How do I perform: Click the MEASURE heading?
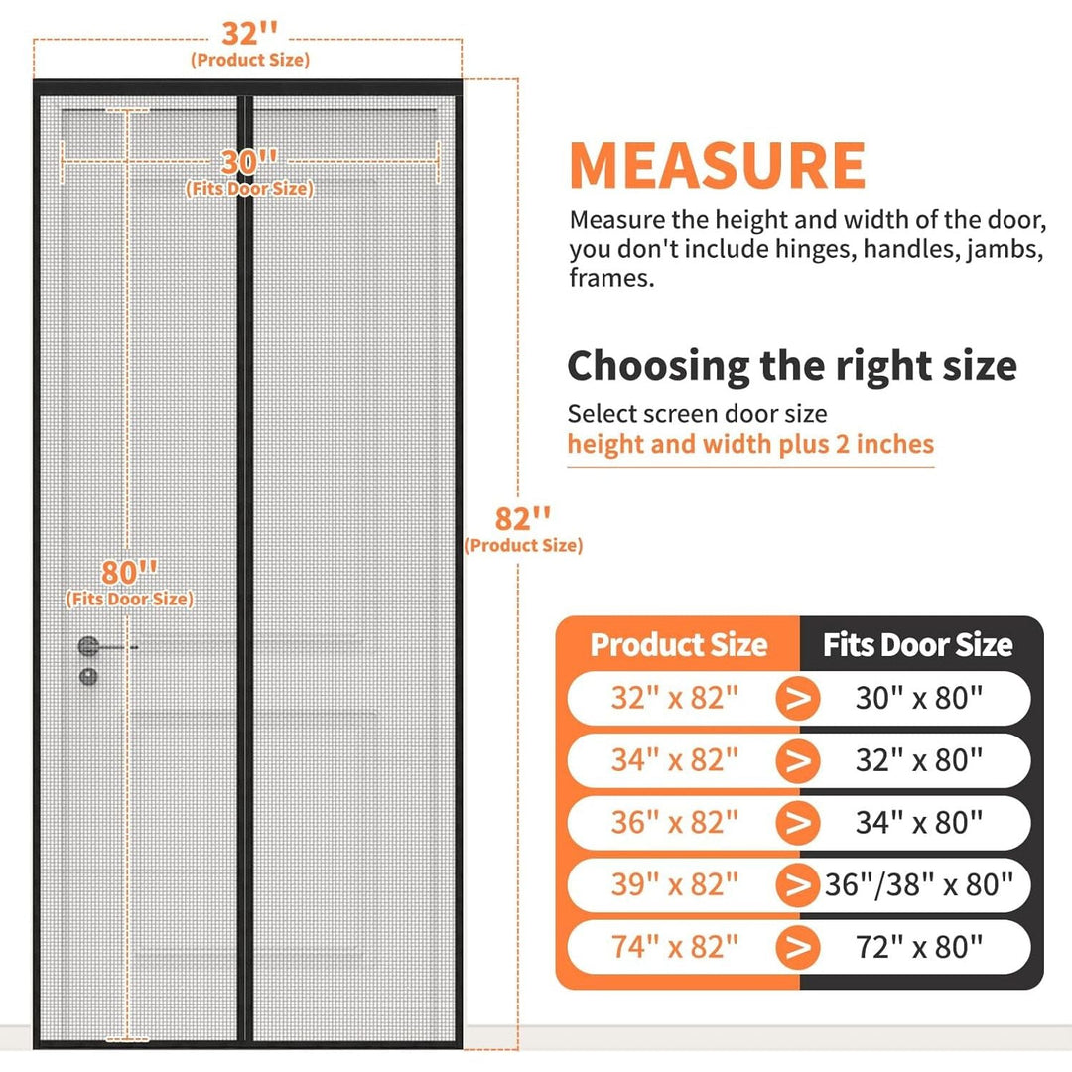718,165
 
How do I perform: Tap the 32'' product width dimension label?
249,33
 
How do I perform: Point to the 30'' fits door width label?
249,162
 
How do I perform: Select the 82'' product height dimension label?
522,519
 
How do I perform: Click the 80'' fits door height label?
129,573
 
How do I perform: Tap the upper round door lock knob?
88,646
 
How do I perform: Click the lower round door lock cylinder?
88,677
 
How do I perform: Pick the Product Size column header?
679,645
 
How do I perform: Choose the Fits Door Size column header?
917,645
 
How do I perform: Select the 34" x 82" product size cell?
675,760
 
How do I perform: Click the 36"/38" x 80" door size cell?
918,884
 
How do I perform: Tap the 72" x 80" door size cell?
919,947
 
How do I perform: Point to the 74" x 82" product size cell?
675,947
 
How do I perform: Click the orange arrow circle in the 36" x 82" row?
798,823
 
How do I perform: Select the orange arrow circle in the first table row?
798,698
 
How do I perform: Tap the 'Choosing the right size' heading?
792,366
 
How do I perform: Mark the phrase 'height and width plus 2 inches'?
750,445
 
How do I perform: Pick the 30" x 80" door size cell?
919,698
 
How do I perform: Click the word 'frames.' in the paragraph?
611,278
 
